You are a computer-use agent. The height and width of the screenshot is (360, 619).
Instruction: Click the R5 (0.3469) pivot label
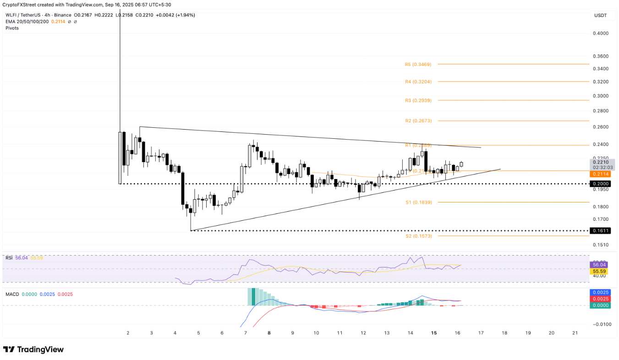point(418,65)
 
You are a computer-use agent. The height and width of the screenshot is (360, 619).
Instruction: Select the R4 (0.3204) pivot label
point(418,82)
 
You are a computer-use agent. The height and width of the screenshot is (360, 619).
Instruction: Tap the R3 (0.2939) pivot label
point(418,100)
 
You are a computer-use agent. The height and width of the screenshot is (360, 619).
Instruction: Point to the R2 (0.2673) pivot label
point(418,121)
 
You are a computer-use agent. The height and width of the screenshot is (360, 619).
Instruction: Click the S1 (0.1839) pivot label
point(418,202)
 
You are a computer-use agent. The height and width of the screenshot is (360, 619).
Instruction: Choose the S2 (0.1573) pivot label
point(418,236)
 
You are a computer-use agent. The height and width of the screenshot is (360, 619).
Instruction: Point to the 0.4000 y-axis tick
point(600,33)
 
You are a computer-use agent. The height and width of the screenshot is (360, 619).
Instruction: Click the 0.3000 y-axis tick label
point(600,96)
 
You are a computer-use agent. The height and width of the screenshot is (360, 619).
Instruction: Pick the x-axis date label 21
point(575,333)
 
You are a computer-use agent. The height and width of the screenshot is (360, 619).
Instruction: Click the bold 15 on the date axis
point(433,333)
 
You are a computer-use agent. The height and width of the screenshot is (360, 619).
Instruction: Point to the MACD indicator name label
point(12,294)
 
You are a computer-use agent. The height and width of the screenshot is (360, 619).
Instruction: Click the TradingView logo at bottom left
point(33,349)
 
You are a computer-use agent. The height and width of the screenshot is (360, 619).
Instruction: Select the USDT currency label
point(600,16)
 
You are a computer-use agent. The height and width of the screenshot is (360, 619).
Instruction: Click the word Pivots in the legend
point(12,28)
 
